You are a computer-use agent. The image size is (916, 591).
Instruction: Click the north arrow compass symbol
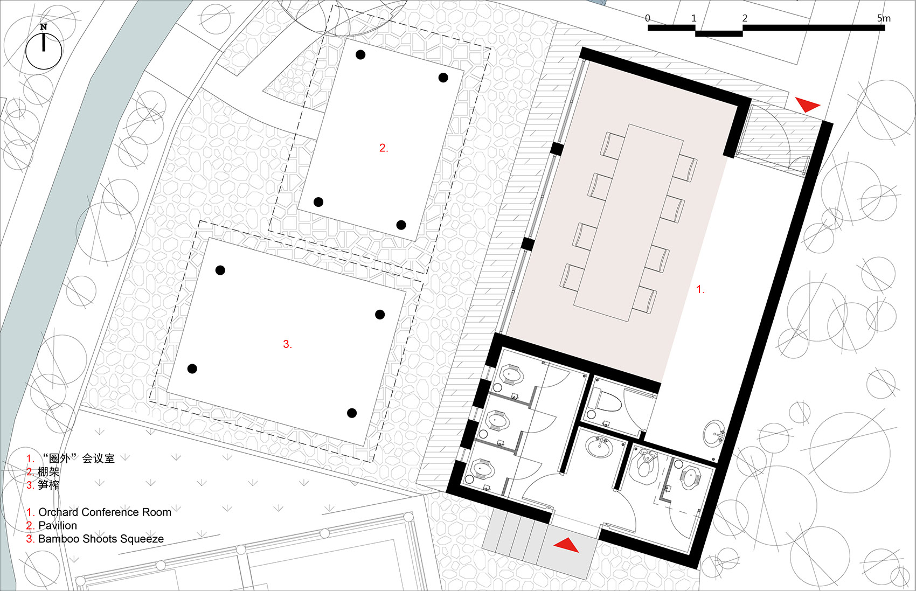pyautogui.click(x=44, y=50)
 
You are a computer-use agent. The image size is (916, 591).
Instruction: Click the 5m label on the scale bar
pyautogui.click(x=884, y=18)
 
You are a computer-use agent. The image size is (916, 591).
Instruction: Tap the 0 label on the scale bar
pyautogui.click(x=648, y=18)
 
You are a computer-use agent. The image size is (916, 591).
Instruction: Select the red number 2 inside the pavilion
pyautogui.click(x=383, y=148)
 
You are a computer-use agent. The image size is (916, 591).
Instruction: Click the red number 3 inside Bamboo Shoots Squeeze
pyautogui.click(x=287, y=344)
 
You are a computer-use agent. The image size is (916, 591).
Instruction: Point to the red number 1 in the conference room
pyautogui.click(x=700, y=290)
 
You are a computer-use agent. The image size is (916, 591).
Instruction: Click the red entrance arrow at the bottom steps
pyautogui.click(x=566, y=545)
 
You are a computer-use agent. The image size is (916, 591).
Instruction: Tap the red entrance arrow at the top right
pyautogui.click(x=807, y=105)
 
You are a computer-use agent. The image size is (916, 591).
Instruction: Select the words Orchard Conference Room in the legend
pyautogui.click(x=105, y=512)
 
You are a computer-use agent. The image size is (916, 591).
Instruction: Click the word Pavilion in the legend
pyautogui.click(x=58, y=525)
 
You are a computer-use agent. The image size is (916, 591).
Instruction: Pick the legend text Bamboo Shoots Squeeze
pyautogui.click(x=101, y=539)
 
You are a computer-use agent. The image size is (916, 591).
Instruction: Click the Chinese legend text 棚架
pyautogui.click(x=48, y=471)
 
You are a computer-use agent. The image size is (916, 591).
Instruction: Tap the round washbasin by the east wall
pyautogui.click(x=714, y=433)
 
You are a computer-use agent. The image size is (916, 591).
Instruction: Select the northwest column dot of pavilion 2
pyautogui.click(x=360, y=54)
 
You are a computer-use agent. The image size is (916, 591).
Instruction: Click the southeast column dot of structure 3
pyautogui.click(x=352, y=413)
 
